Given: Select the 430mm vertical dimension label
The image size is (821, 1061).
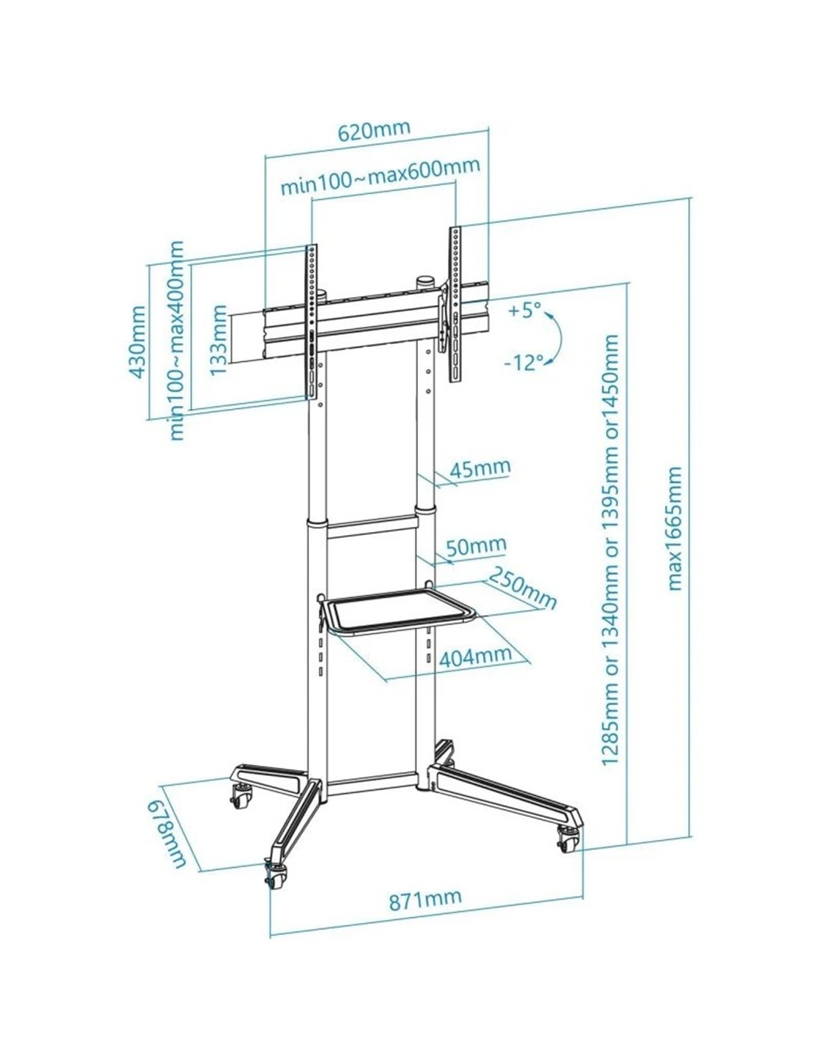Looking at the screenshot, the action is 138,342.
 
